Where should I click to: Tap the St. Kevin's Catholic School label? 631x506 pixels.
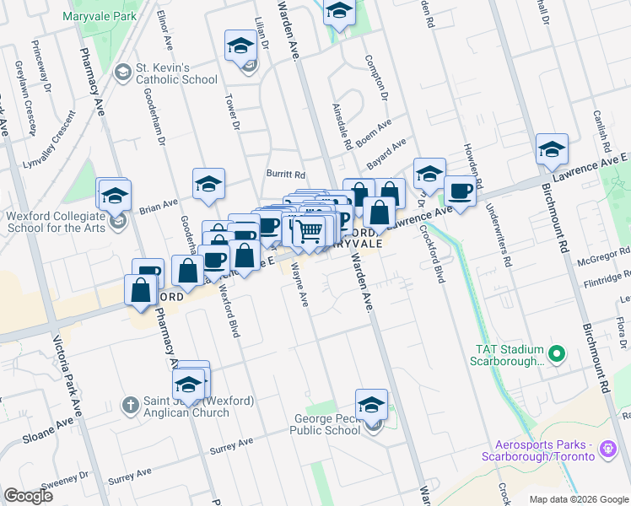176,73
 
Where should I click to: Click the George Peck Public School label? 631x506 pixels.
325,424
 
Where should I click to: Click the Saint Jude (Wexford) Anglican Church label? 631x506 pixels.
186,406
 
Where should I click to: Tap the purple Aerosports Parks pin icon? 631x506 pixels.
607,450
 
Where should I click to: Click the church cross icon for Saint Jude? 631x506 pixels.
130,405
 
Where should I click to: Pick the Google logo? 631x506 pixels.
28,496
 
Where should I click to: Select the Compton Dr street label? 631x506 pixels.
375,78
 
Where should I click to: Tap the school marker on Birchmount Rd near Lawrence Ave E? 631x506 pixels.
552,149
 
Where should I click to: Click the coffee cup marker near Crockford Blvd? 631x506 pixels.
460,191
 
